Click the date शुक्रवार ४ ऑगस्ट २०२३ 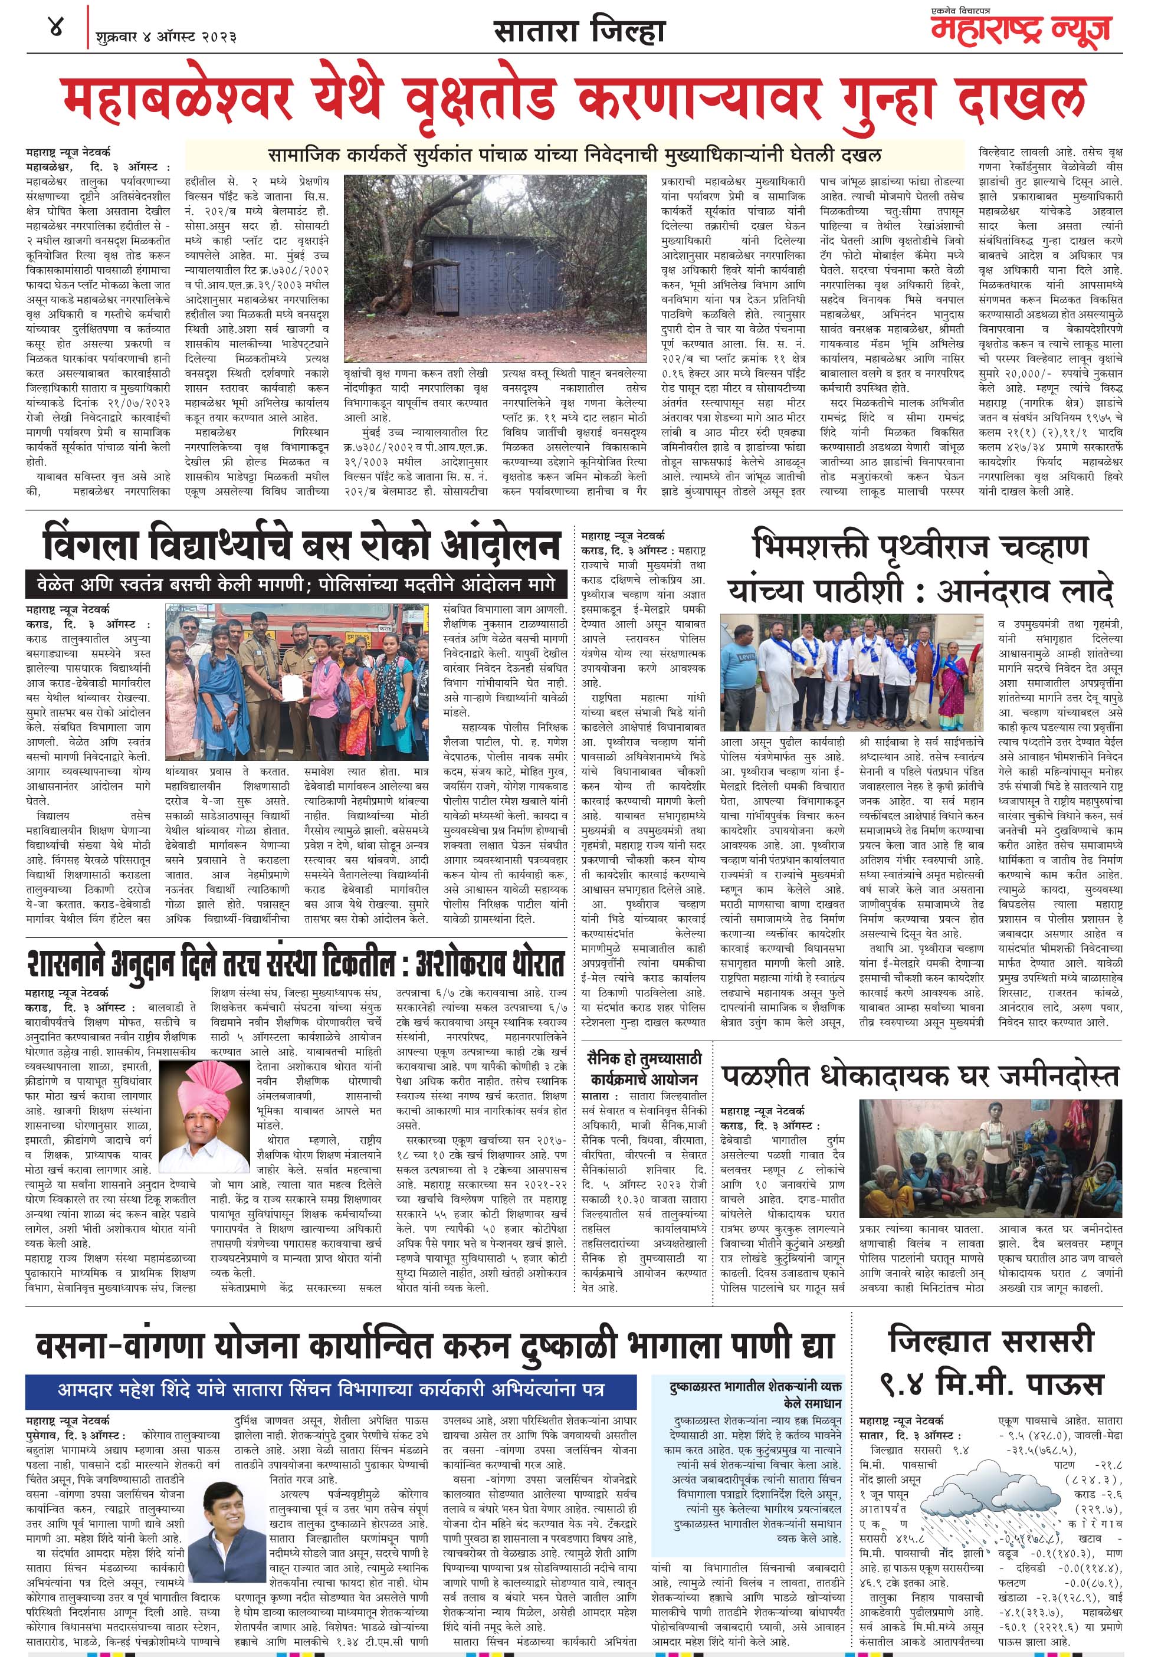click(166, 35)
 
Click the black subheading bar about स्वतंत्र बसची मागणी click(291, 584)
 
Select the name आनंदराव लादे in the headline click(1025, 592)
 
